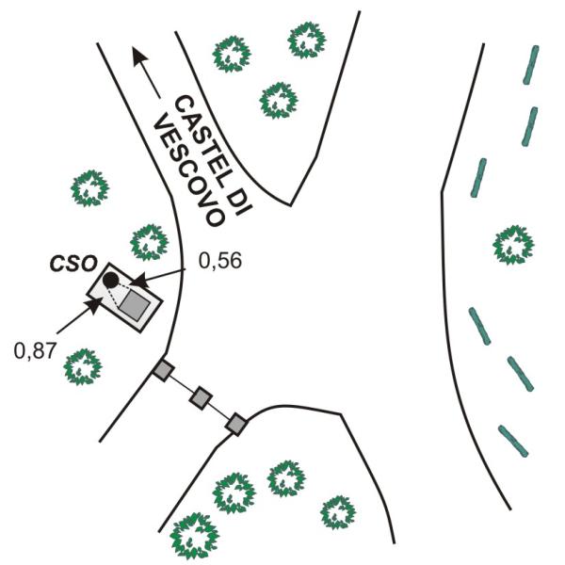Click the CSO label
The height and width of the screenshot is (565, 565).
click(x=73, y=263)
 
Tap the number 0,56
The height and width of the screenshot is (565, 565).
click(x=219, y=261)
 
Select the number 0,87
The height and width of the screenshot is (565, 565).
click(x=36, y=350)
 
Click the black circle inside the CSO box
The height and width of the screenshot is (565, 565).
click(x=110, y=280)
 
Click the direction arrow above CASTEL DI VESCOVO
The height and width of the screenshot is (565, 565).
click(x=146, y=73)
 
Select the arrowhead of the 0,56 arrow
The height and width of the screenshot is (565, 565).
click(x=139, y=281)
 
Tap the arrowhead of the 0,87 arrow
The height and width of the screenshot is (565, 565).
click(x=92, y=306)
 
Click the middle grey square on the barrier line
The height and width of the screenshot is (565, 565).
click(x=201, y=397)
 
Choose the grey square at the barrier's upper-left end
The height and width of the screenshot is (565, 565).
click(x=164, y=370)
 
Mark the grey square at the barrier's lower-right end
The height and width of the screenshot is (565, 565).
click(x=236, y=424)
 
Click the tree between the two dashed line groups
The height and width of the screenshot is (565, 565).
click(x=513, y=245)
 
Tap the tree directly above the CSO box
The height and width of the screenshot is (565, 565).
click(x=149, y=242)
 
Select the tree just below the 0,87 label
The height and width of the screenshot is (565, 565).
click(x=83, y=367)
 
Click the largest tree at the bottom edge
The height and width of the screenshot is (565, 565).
click(x=194, y=536)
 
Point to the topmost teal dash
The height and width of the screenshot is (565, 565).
click(x=531, y=65)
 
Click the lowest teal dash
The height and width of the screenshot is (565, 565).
click(x=513, y=441)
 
